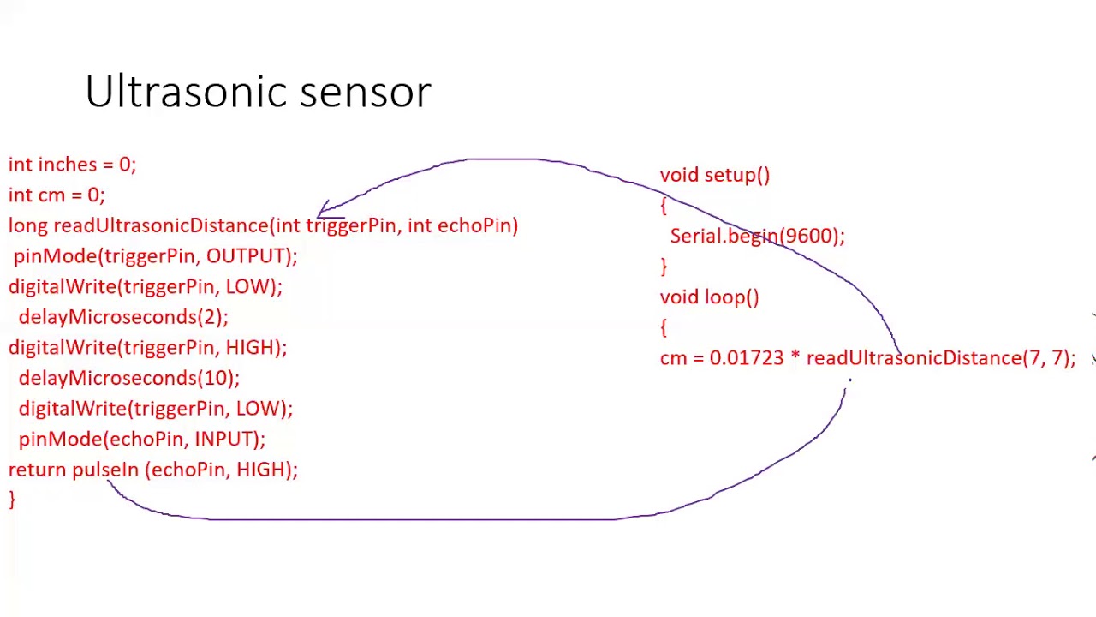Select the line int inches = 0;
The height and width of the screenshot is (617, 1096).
(72, 165)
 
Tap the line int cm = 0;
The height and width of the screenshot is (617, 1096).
(57, 195)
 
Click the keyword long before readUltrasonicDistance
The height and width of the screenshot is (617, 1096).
(28, 225)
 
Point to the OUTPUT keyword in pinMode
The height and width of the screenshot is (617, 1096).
(245, 256)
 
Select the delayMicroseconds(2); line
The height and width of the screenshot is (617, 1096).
(123, 317)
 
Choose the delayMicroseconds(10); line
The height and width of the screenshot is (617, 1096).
(128, 378)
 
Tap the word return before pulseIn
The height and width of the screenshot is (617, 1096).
(38, 470)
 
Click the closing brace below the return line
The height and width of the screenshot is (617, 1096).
(12, 500)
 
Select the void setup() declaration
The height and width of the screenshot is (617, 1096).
(714, 176)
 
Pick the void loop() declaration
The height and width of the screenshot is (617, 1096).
(709, 297)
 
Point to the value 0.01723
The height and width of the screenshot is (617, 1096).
(746, 358)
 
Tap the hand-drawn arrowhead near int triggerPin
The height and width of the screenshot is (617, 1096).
(324, 208)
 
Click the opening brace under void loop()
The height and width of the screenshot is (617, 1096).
(664, 327)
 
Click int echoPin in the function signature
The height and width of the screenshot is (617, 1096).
(462, 225)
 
